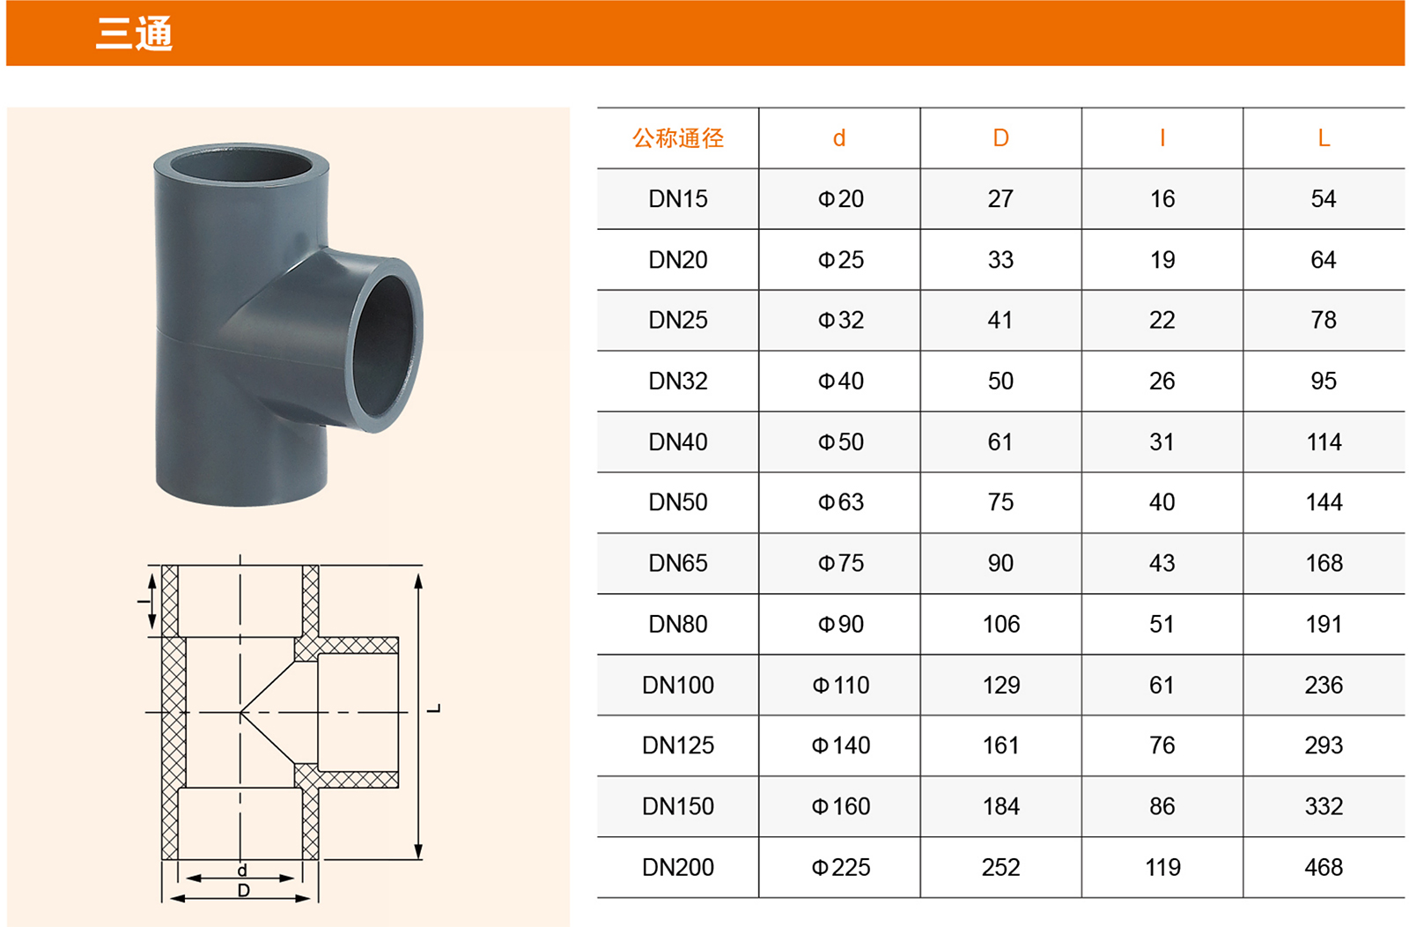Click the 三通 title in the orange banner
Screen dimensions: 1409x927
click(133, 33)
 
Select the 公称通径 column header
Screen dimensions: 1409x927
click(678, 137)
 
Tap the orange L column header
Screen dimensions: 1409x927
click(1324, 137)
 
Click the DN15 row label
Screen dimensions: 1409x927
click(678, 199)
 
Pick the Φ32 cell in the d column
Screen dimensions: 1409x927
click(840, 321)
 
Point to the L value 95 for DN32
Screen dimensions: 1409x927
click(1324, 381)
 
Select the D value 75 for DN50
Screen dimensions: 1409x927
click(1000, 502)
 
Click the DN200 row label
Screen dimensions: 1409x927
click(678, 867)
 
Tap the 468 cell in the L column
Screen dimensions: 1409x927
click(1324, 867)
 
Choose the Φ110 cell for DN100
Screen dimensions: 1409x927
click(840, 685)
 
